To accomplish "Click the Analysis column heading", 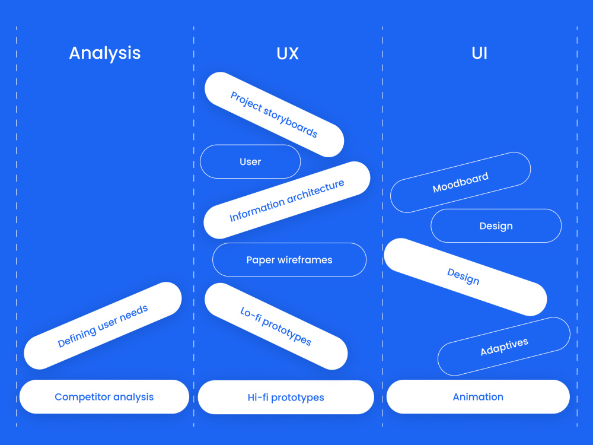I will (105, 53).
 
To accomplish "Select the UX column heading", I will (288, 53).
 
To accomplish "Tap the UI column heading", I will (479, 53).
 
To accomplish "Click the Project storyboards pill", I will (274, 115).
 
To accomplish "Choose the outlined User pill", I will (250, 161).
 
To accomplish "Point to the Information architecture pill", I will (286, 201).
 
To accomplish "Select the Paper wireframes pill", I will (289, 260).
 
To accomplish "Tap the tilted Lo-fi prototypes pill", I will (276, 326).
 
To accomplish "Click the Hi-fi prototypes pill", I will (286, 398).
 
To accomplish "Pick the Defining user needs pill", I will (103, 326).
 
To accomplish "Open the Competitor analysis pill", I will (104, 397).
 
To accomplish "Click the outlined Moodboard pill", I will (460, 183).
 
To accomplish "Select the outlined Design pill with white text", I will (496, 226).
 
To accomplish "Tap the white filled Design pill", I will (465, 277).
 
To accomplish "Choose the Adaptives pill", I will (504, 347).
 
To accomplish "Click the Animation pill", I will (478, 397).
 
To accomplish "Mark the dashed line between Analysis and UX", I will (193, 237).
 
